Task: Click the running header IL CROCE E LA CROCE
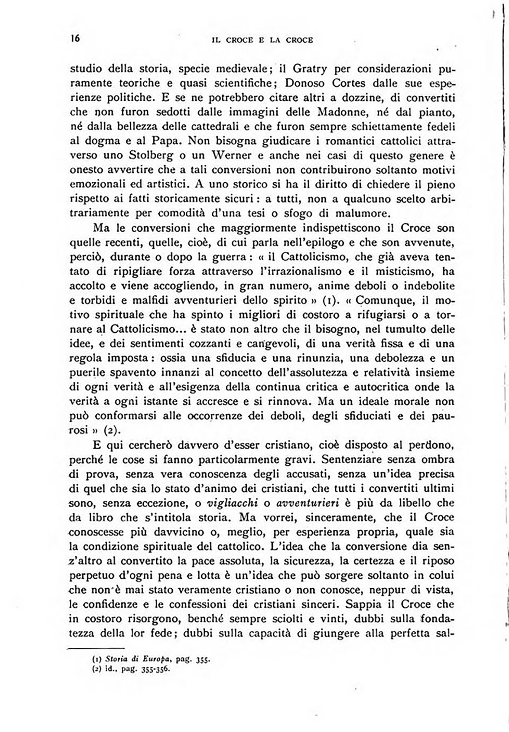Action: (262, 40)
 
